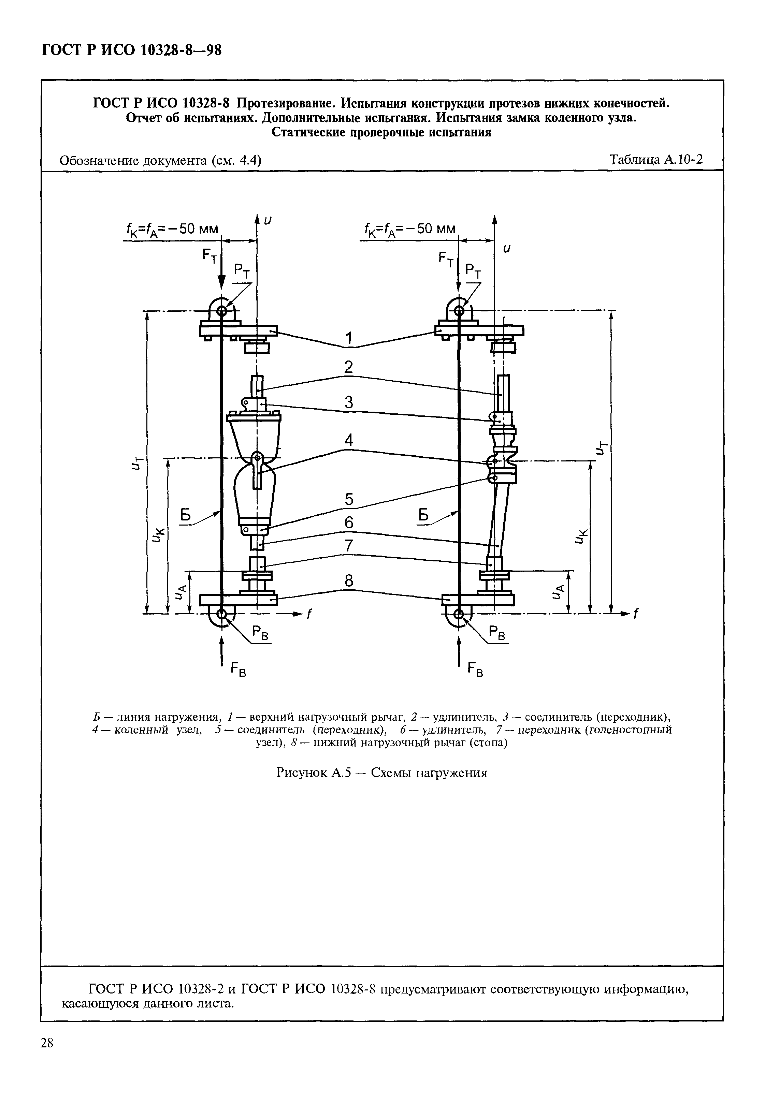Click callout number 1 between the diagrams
349,338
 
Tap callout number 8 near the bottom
349,581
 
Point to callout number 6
349,522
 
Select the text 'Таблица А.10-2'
656,159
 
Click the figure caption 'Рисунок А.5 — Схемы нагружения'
381,773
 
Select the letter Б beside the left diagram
186,516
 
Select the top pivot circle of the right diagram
458,311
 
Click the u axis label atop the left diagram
268,220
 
